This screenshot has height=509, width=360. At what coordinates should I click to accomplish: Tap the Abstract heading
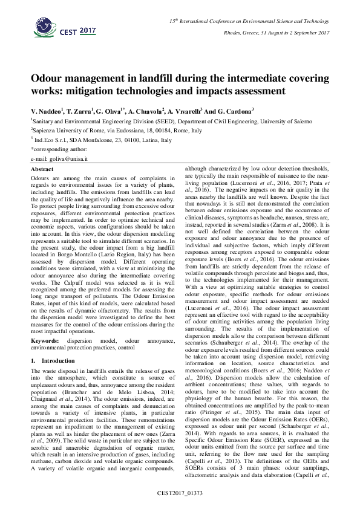point(42,169)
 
